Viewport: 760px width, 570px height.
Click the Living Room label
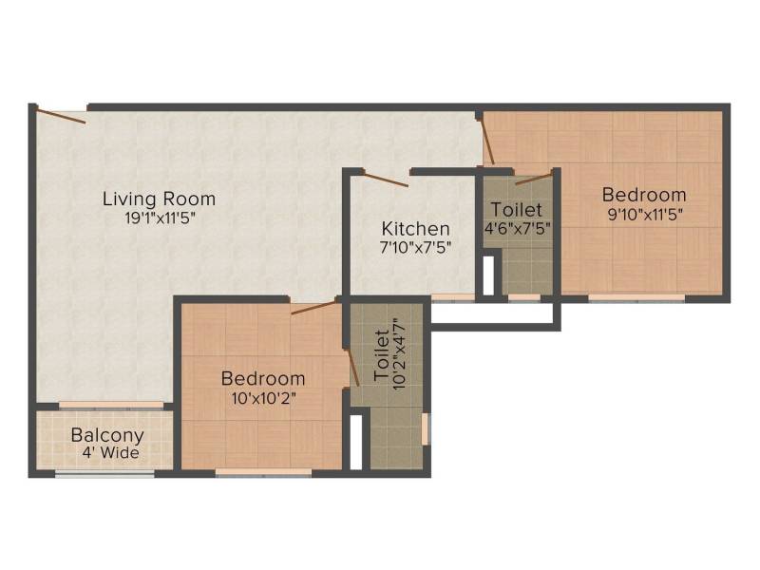[159, 199]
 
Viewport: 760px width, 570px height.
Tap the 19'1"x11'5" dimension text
[160, 218]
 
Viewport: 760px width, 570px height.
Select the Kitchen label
[415, 228]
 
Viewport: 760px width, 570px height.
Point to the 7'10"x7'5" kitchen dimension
[416, 248]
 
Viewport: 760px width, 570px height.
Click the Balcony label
[107, 435]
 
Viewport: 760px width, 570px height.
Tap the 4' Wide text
[110, 453]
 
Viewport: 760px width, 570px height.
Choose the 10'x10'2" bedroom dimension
[264, 398]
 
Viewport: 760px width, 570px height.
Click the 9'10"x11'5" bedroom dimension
[645, 215]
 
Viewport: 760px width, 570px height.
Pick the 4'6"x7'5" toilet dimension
[518, 228]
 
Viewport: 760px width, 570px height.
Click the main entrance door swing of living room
[61, 116]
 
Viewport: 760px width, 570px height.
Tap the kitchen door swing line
[386, 180]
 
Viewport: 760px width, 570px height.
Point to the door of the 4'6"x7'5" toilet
[534, 178]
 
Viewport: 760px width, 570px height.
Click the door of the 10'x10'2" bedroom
[313, 307]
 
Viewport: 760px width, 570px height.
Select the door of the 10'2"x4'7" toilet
[352, 367]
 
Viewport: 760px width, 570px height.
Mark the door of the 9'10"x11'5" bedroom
[487, 141]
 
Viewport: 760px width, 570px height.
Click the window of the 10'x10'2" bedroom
[264, 472]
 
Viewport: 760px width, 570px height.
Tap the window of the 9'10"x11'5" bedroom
[636, 298]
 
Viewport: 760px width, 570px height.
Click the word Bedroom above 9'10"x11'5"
[644, 195]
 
